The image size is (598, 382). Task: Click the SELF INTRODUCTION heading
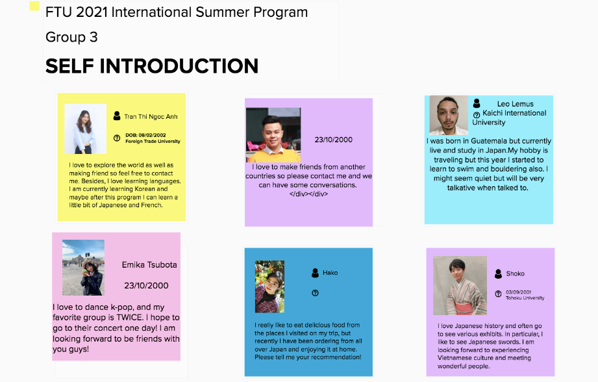click(152, 66)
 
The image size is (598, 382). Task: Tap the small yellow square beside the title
click(34, 6)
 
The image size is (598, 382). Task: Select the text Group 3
click(71, 38)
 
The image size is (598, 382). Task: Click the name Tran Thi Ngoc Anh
click(151, 117)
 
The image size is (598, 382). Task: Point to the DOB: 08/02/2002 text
click(145, 135)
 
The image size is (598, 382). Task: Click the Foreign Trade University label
click(153, 141)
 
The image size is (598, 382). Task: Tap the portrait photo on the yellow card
click(86, 129)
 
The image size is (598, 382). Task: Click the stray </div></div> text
click(308, 194)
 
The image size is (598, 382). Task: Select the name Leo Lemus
click(516, 104)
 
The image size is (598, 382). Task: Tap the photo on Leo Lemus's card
click(449, 115)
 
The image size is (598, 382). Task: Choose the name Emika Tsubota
click(149, 265)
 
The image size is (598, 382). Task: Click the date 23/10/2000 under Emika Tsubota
click(146, 285)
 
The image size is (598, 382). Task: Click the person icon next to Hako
click(315, 273)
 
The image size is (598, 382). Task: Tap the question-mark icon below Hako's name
click(315, 293)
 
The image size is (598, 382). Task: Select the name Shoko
click(516, 274)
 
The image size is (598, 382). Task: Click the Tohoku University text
click(525, 298)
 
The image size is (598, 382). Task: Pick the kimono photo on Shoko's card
click(460, 285)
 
